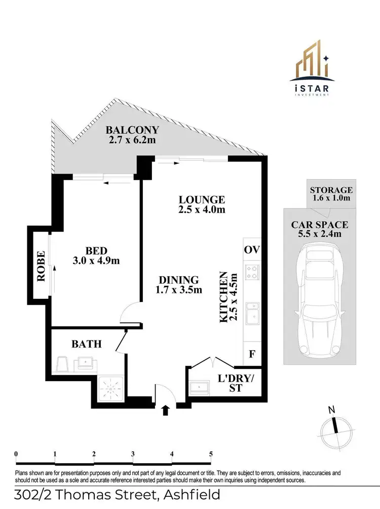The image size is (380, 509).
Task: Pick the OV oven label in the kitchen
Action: (252, 250)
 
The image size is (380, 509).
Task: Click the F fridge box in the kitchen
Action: (252, 354)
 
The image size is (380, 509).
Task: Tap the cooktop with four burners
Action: (252, 272)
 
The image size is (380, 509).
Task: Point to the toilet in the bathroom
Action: (63, 364)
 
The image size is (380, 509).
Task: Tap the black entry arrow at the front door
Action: (165, 410)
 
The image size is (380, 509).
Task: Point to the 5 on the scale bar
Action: (211, 454)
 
